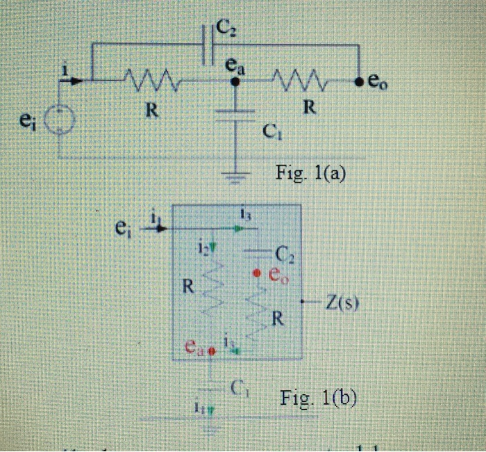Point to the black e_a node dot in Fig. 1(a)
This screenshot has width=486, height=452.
click(235, 81)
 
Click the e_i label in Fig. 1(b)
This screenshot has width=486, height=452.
click(125, 226)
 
